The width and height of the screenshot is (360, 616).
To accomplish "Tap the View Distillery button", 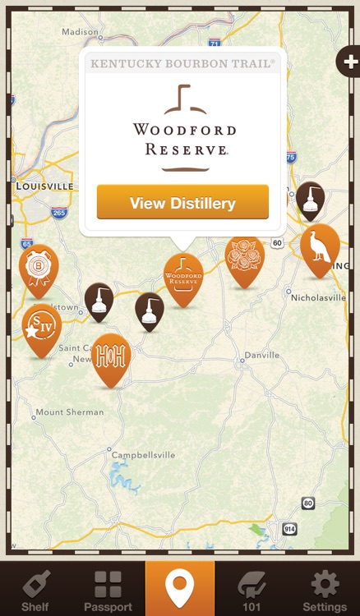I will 182,203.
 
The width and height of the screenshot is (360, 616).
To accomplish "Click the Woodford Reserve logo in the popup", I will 184,128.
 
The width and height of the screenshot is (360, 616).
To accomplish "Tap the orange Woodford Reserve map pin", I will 182,277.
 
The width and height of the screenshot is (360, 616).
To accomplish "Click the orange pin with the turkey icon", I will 320,248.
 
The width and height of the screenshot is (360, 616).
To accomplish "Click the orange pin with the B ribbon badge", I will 39,268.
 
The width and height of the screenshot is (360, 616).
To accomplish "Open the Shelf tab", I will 35,589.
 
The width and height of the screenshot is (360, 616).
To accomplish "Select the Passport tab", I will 108,589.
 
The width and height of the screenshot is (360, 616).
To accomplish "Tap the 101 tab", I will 252,589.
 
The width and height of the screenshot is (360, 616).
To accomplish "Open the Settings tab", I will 325,589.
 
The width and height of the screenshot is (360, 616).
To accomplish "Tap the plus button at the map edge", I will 350,62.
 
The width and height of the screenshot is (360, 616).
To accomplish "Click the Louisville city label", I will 45,186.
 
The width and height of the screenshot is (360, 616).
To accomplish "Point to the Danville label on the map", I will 258,357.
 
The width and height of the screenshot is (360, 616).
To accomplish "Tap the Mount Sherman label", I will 70,411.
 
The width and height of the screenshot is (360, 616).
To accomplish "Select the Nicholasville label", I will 318,297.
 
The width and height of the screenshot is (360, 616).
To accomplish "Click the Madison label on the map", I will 80,31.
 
